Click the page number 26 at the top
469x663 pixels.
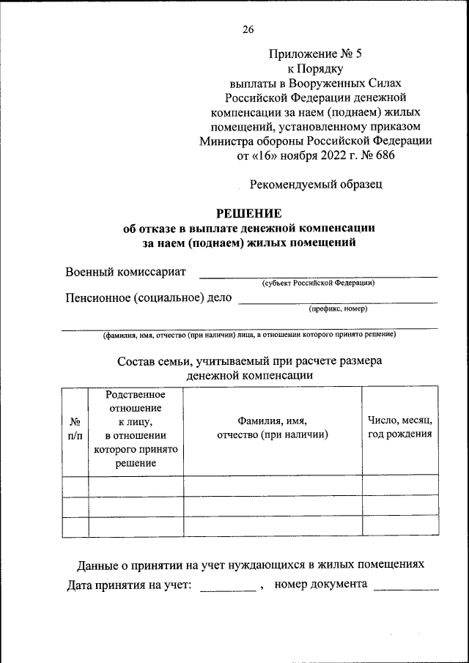248,29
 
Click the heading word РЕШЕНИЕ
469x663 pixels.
248,213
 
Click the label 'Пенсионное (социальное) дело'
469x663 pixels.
149,297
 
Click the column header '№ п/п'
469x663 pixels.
75,429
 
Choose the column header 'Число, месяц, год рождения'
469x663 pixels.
399,428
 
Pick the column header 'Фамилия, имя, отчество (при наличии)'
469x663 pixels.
272,428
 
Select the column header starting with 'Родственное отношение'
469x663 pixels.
136,429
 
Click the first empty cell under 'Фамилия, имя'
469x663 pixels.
272,486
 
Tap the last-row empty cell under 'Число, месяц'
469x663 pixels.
399,527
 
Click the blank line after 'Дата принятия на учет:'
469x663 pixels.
228,588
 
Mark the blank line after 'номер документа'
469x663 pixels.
406,588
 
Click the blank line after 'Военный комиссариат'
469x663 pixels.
319,275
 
